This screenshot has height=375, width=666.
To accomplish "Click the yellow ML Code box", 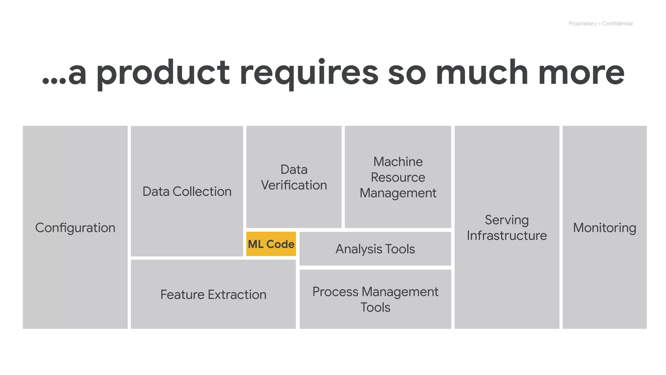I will click(271, 244).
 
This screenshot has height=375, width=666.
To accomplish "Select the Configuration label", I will click(75, 228).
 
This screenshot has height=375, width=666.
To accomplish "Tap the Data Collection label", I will click(187, 191).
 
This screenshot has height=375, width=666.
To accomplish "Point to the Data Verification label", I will click(294, 177).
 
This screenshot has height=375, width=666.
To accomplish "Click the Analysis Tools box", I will click(375, 249).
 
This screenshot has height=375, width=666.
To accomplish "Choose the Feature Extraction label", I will click(213, 295).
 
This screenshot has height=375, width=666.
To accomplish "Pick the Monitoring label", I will click(605, 228).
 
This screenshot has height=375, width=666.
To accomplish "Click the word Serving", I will click(507, 220).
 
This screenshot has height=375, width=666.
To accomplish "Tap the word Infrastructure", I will click(507, 235).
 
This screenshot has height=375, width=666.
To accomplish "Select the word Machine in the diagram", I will click(398, 162).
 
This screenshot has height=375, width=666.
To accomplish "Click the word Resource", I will click(398, 177).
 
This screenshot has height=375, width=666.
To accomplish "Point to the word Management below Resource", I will click(398, 193).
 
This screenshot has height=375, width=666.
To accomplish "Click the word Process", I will click(335, 292).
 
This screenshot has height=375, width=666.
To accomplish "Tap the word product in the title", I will click(163, 73).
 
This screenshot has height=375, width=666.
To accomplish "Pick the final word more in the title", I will click(581, 73).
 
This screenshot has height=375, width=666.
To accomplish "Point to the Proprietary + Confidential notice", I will click(600, 23).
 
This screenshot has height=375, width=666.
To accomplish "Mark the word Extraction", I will click(237, 295).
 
